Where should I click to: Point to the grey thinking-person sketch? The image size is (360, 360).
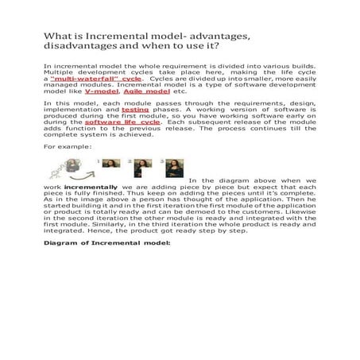77,168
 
